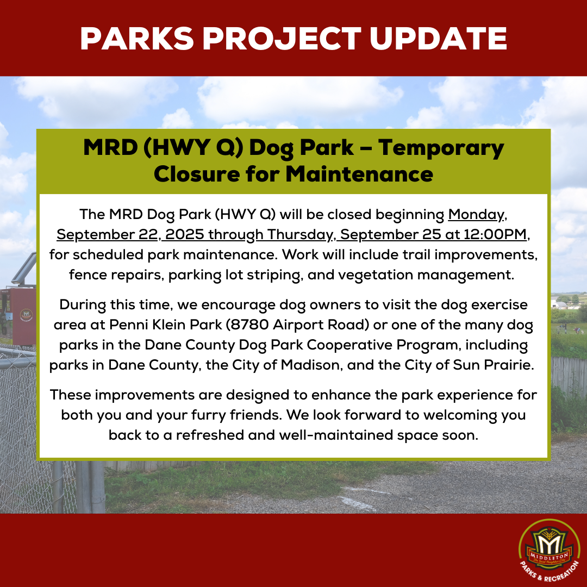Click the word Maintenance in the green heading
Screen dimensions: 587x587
[359, 174]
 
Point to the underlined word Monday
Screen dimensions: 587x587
[476, 215]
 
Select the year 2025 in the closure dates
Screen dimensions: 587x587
[185, 234]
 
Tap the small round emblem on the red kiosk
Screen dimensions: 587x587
[26, 315]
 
